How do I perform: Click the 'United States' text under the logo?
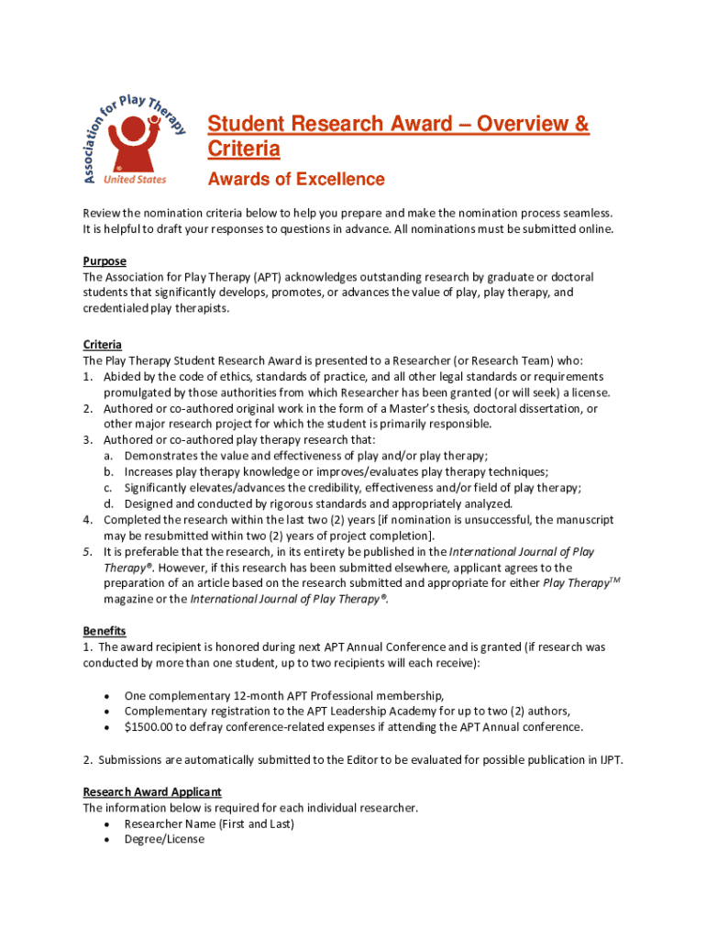coord(135,180)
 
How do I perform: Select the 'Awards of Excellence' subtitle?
coord(295,180)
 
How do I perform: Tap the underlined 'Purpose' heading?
coord(105,261)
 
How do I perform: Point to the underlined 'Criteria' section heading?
coord(103,345)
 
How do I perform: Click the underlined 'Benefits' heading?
coord(105,631)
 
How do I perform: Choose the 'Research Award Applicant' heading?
coord(152,791)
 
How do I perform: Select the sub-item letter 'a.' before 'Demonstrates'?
coord(108,456)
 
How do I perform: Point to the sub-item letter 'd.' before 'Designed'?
coord(108,503)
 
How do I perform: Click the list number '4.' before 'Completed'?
coord(88,520)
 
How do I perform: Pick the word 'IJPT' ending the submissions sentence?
coord(609,759)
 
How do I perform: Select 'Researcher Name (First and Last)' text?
coord(209,823)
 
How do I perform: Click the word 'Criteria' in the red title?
coord(243,149)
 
